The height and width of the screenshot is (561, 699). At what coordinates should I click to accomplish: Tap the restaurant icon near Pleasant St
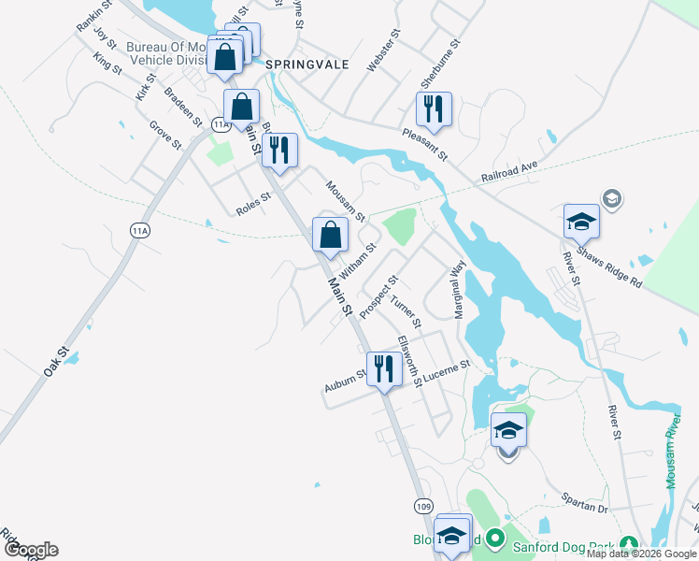tap(435, 110)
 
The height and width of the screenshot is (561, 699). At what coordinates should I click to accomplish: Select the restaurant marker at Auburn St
tap(383, 370)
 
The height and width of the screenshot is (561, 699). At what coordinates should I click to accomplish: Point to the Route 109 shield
tap(424, 506)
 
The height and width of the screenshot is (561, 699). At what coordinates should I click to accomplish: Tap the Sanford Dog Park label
tap(558, 540)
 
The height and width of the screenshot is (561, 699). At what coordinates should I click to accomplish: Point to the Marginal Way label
tap(460, 290)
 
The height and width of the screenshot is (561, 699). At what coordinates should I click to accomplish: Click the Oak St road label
tap(57, 362)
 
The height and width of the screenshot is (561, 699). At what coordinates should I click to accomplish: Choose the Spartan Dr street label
tap(585, 505)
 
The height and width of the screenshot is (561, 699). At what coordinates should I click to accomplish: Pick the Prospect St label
tap(379, 295)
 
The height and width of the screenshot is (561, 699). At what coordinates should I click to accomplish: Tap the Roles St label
tap(252, 204)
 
